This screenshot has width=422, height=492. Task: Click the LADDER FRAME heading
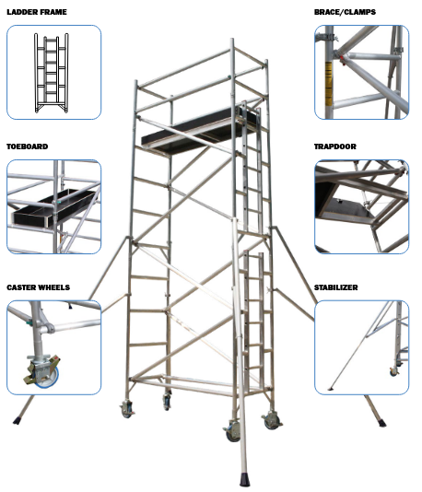(x=37, y=12)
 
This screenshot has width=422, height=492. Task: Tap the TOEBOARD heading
(x=28, y=146)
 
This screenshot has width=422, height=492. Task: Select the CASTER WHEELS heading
(x=39, y=287)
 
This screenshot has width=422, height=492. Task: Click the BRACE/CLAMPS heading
(x=345, y=12)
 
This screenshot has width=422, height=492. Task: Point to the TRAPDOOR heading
(x=335, y=146)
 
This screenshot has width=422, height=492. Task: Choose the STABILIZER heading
(x=335, y=287)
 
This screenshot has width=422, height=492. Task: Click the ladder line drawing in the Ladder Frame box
(x=52, y=73)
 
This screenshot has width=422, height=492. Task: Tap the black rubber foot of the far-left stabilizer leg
(x=18, y=420)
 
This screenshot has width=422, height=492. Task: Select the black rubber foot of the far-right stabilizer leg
(x=381, y=422)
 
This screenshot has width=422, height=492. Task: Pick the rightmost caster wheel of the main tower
(x=272, y=421)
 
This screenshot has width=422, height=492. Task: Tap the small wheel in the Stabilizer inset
(x=393, y=372)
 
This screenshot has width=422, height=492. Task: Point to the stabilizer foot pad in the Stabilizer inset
(x=331, y=389)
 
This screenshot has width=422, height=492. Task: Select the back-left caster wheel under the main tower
(x=167, y=402)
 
